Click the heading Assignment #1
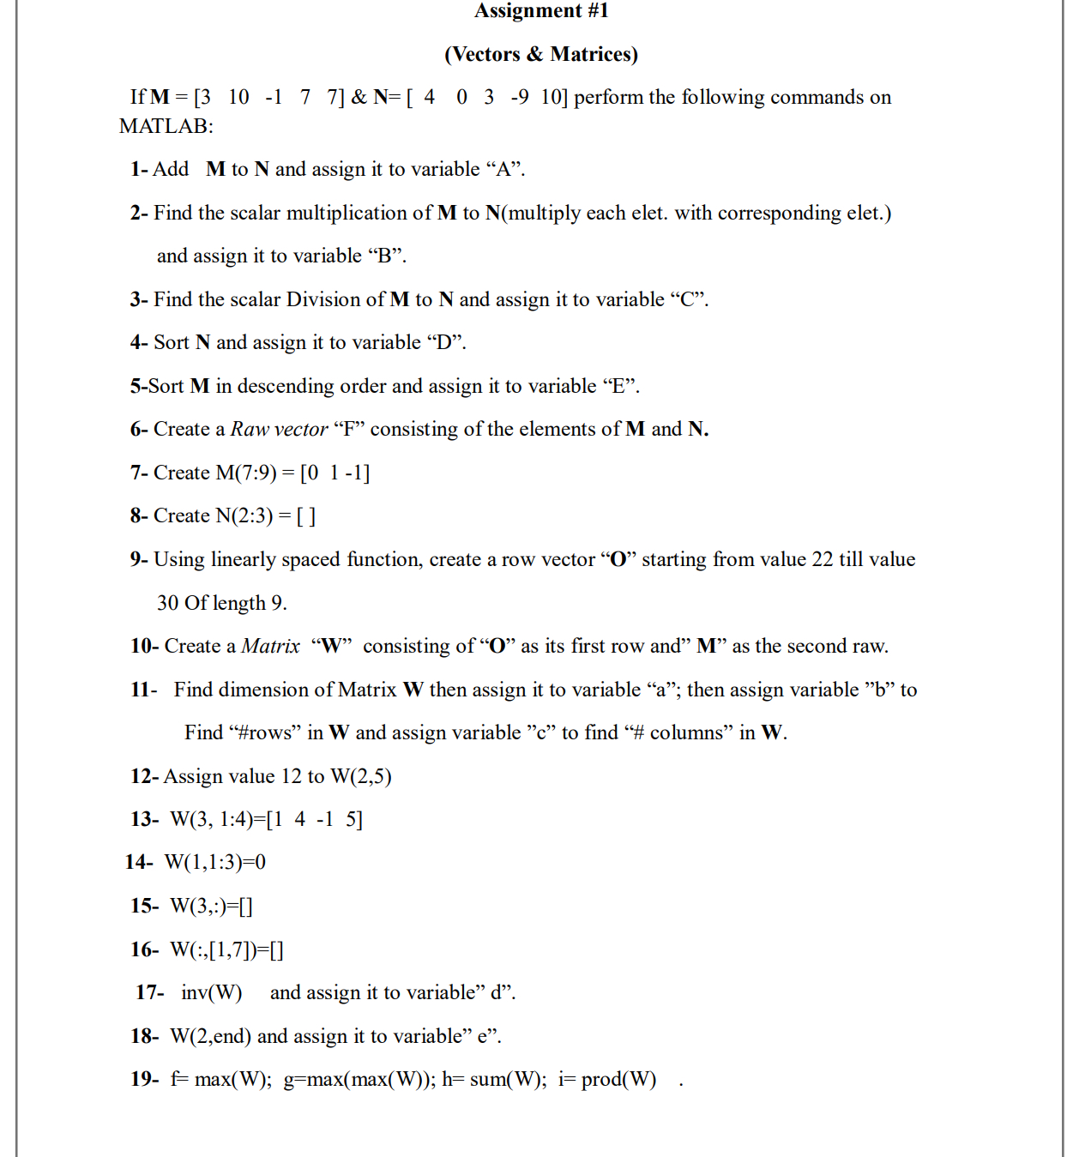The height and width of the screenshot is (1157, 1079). (x=541, y=10)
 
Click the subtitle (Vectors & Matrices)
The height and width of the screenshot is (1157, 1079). (x=541, y=54)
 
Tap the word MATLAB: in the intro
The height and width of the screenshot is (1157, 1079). (x=166, y=126)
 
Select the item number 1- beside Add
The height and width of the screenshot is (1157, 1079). (x=140, y=169)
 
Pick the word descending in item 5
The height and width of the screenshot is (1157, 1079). (x=286, y=386)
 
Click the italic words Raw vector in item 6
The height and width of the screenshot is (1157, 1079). (x=279, y=429)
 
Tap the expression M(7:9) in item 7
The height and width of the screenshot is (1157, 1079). (x=246, y=473)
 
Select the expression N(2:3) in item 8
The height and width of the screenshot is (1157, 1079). (x=244, y=515)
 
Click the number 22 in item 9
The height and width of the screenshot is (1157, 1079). (x=823, y=559)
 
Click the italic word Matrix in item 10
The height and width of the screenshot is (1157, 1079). (x=270, y=646)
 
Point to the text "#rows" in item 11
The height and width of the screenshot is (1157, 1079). (x=265, y=732)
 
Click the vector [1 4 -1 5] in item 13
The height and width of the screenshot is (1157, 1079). (x=315, y=819)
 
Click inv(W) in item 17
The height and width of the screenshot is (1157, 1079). (x=211, y=992)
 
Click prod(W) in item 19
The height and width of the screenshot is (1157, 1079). (x=618, y=1079)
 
